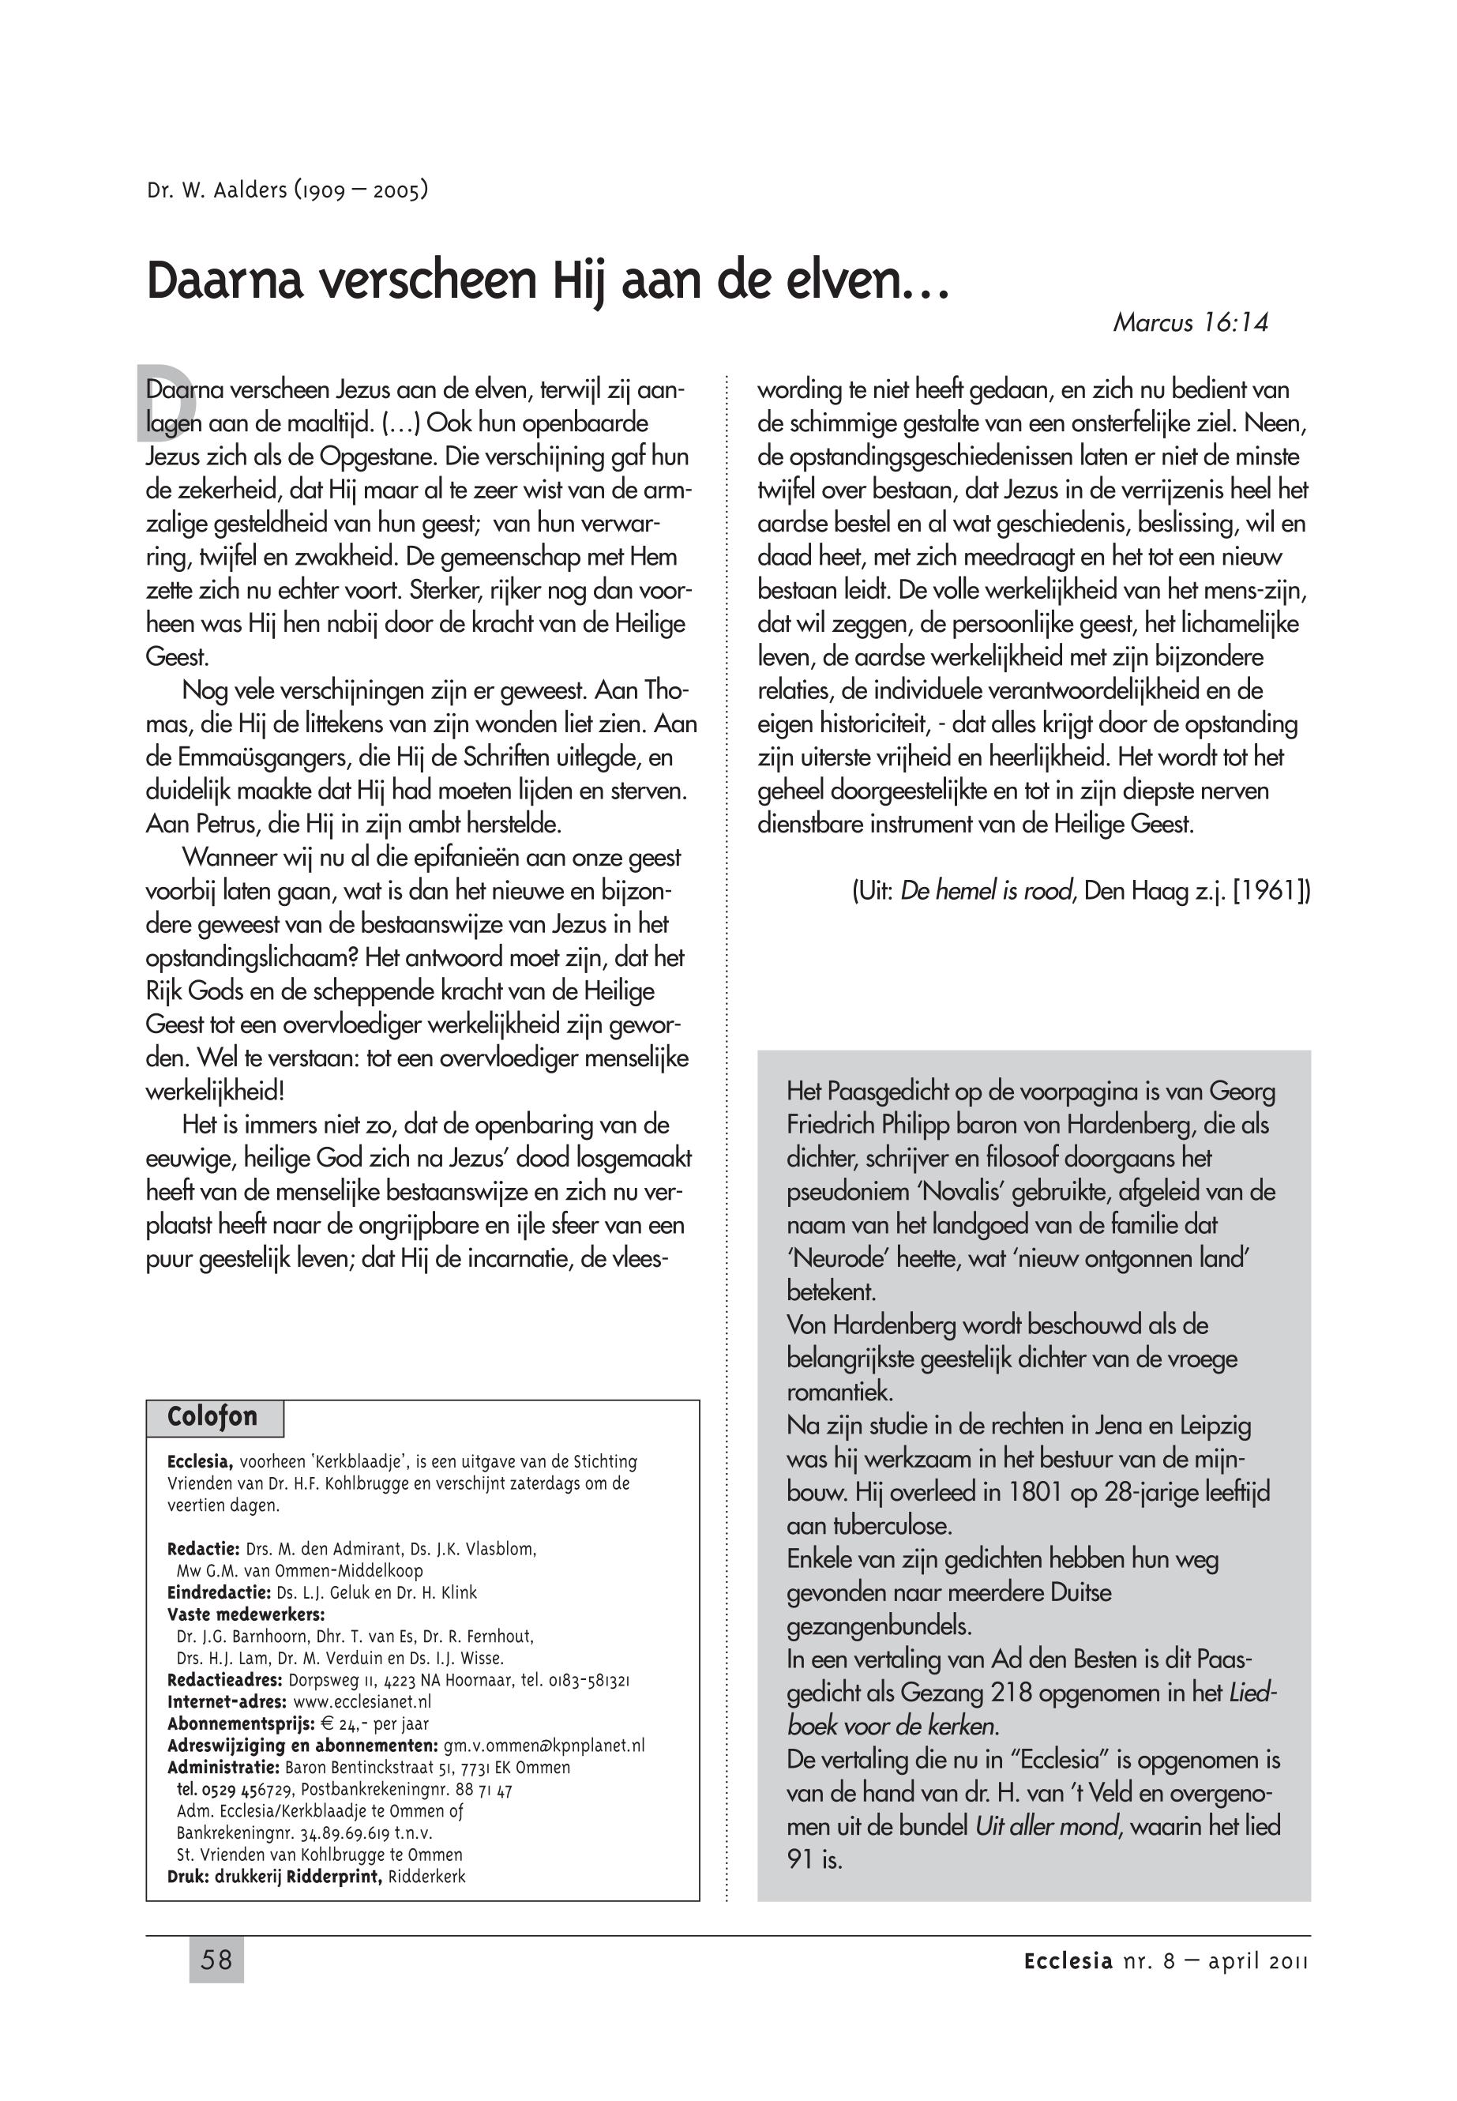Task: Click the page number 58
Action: (216, 1960)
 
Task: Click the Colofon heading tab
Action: (212, 1416)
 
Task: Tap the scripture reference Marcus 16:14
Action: (1189, 322)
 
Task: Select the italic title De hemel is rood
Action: (986, 890)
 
